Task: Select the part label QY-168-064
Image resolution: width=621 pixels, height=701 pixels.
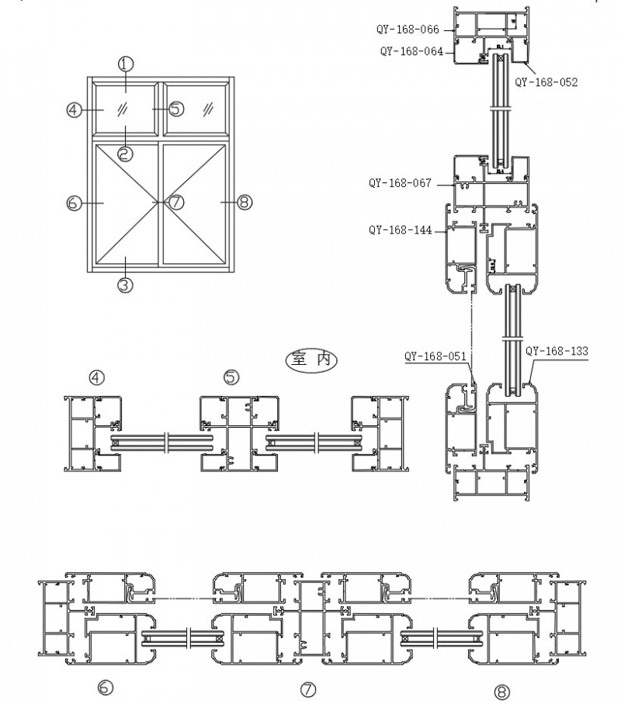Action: (411, 51)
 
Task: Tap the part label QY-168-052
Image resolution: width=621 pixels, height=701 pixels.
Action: (546, 82)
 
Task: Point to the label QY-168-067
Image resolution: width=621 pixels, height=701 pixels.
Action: (400, 183)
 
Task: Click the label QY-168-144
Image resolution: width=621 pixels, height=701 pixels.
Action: (400, 230)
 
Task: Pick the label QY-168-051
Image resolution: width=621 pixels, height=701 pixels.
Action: (435, 356)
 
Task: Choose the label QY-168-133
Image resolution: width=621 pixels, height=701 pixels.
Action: (557, 351)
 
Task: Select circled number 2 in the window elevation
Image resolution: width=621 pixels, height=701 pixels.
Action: (126, 154)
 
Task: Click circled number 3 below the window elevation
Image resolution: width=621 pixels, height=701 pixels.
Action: (126, 285)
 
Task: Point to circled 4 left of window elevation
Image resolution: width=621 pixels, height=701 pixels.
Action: (74, 109)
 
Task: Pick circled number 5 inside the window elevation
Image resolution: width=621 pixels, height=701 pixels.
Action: (175, 109)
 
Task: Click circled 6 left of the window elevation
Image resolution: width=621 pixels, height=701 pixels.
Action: (74, 203)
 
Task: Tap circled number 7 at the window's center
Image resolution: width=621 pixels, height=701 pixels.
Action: (176, 203)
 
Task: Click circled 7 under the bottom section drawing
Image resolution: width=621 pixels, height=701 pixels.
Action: (308, 689)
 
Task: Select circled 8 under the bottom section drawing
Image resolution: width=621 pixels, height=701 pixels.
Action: (502, 689)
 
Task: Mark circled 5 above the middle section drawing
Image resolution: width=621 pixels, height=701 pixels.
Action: (231, 377)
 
